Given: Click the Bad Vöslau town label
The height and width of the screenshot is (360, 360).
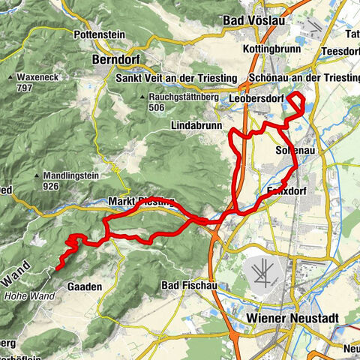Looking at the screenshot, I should tap(256, 21).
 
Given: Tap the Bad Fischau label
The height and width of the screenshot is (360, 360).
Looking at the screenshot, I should tap(188, 286).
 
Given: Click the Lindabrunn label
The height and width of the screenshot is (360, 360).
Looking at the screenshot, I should tap(198, 123).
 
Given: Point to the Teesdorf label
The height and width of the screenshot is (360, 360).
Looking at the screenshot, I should tap(340, 51).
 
